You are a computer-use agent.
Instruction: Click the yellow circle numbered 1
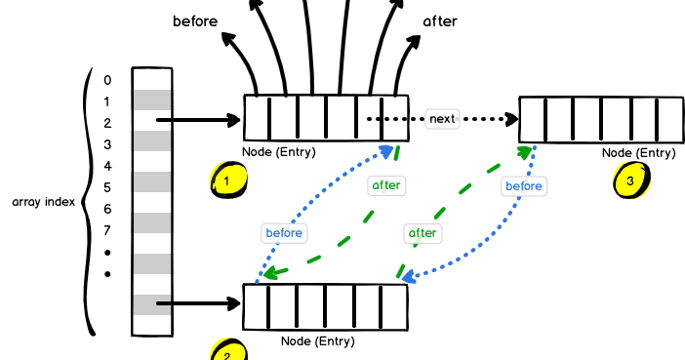click(227, 180)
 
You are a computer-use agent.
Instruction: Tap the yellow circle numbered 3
click(630, 180)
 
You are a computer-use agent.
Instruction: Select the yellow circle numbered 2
click(228, 351)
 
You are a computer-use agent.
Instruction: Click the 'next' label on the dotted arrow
click(442, 119)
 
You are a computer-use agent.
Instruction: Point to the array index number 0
click(107, 80)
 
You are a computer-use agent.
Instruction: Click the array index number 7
click(107, 230)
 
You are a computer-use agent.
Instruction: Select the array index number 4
click(107, 166)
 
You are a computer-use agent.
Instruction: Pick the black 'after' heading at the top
click(439, 20)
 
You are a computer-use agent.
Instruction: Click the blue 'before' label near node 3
click(523, 185)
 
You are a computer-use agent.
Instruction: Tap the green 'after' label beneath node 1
click(386, 184)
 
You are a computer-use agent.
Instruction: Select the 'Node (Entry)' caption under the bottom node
click(317, 341)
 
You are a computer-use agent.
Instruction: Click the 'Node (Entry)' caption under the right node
click(638, 152)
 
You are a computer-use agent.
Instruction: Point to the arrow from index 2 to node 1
click(199, 121)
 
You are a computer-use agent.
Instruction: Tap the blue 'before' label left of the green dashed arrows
click(284, 233)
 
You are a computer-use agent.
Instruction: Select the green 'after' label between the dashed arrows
click(422, 232)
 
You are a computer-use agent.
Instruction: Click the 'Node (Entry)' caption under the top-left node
click(279, 151)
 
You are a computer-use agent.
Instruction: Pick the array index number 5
click(107, 187)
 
